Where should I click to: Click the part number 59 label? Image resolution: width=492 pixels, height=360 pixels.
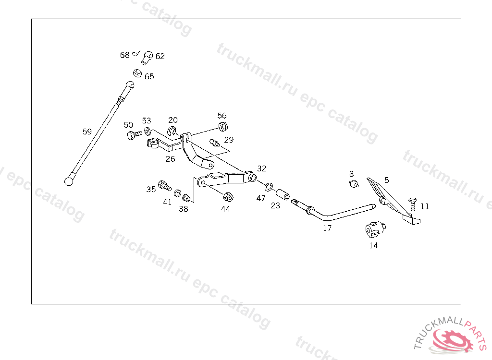(x=87, y=132)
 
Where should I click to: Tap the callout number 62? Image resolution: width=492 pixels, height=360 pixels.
(x=160, y=56)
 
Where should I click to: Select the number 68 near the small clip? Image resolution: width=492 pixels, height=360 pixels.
(x=124, y=55)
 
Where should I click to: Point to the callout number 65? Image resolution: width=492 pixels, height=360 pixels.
(x=149, y=77)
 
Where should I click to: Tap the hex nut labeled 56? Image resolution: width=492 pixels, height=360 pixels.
(x=223, y=127)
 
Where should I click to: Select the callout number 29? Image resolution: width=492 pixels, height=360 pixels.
(x=229, y=140)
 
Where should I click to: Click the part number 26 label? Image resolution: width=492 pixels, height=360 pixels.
(x=171, y=159)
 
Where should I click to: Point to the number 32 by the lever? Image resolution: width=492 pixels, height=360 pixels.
(x=261, y=168)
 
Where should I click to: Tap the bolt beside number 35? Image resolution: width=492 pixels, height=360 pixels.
(x=164, y=185)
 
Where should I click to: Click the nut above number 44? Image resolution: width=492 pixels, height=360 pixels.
(x=228, y=197)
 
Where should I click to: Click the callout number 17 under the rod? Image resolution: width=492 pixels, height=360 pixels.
(x=327, y=228)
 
